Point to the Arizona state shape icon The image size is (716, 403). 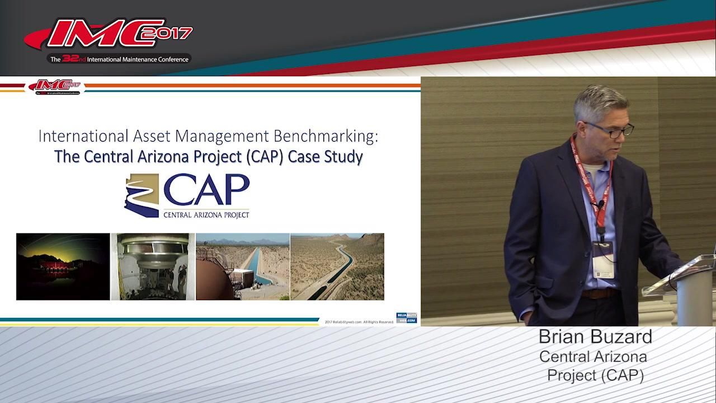[x=141, y=195]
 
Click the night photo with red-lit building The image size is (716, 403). [x=63, y=266]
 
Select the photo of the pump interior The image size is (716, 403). [x=153, y=266]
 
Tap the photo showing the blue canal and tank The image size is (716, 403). [x=242, y=266]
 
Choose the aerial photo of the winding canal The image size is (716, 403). [x=337, y=266]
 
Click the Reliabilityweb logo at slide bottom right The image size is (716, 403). [x=406, y=318]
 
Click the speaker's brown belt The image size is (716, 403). [x=599, y=293]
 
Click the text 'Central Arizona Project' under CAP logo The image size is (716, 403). [x=206, y=214]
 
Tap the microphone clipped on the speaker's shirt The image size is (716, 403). [x=600, y=205]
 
